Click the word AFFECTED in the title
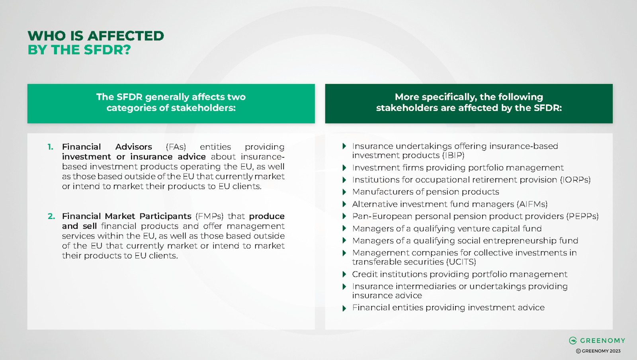[x=125, y=36]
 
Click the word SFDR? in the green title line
[x=107, y=50]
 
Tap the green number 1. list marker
[x=50, y=147]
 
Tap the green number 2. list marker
[x=51, y=216]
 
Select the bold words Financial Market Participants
[x=127, y=216]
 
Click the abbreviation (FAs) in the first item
[x=176, y=147]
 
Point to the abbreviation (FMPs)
[x=209, y=216]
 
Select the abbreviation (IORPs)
[x=575, y=180]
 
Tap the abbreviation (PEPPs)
[x=582, y=216]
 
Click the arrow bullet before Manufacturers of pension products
[x=344, y=192]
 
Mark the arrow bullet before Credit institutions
[x=344, y=274]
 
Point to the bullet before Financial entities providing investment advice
[x=344, y=308]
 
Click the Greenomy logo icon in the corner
[x=573, y=340]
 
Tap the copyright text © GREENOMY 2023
[x=598, y=351]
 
